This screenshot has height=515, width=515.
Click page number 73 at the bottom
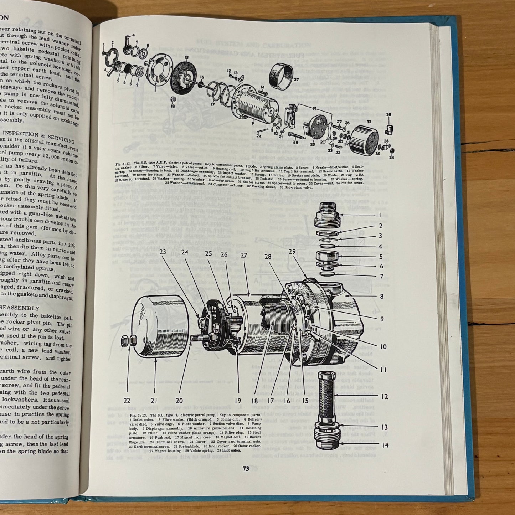point(246,469)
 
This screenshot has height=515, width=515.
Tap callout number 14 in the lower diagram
point(385,445)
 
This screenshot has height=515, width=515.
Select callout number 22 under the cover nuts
point(127,401)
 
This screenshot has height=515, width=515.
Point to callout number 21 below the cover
point(153,401)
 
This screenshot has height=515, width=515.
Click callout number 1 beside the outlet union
point(380,215)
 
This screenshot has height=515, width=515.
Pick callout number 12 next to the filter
point(384,397)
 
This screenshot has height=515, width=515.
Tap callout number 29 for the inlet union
point(292,252)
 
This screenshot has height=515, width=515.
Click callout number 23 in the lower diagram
point(163,251)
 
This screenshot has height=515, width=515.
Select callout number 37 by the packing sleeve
point(296,79)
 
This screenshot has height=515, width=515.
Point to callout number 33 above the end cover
point(369,122)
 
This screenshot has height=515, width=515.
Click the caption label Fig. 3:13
point(136,416)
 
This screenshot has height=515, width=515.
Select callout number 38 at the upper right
point(388,115)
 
